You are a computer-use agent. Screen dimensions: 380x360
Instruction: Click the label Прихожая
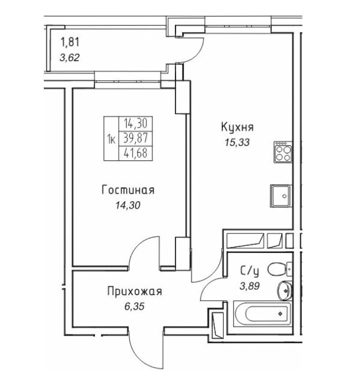click(x=134, y=291)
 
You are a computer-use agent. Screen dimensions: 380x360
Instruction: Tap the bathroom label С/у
click(x=249, y=272)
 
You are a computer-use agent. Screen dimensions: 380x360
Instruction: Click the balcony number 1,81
click(x=69, y=42)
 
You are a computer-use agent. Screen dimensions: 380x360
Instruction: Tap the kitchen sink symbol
click(x=281, y=194)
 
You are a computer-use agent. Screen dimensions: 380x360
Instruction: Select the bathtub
click(x=262, y=311)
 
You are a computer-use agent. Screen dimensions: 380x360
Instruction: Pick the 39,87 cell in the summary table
click(x=135, y=140)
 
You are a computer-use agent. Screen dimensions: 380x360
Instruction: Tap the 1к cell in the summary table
click(x=111, y=140)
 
